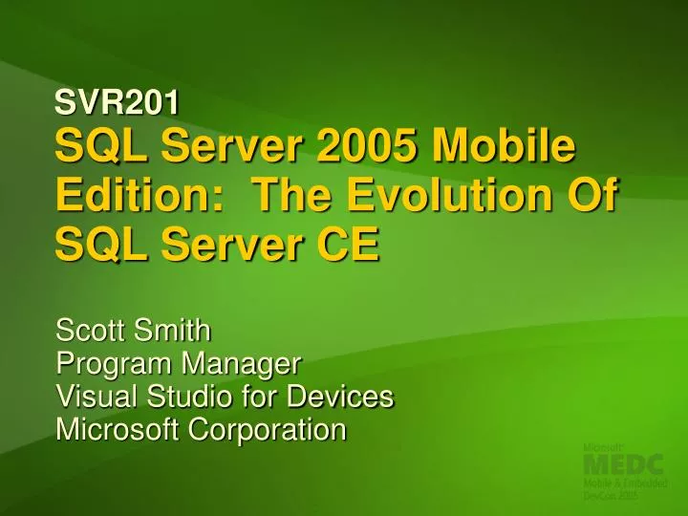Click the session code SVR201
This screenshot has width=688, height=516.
[111, 97]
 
